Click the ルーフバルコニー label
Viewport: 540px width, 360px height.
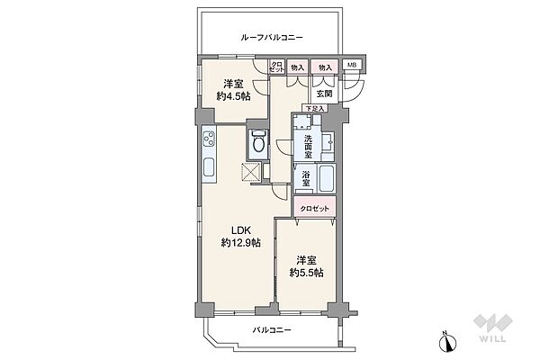click(271, 38)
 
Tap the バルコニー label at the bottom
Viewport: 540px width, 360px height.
click(270, 331)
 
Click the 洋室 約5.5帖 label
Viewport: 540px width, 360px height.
click(306, 267)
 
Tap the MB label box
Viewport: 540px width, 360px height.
click(352, 66)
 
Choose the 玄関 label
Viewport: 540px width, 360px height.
click(322, 91)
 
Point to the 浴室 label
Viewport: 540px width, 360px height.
click(306, 178)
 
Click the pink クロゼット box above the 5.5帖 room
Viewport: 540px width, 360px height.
click(314, 208)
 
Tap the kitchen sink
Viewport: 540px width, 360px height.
click(209, 167)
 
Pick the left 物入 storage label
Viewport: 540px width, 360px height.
click(297, 66)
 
